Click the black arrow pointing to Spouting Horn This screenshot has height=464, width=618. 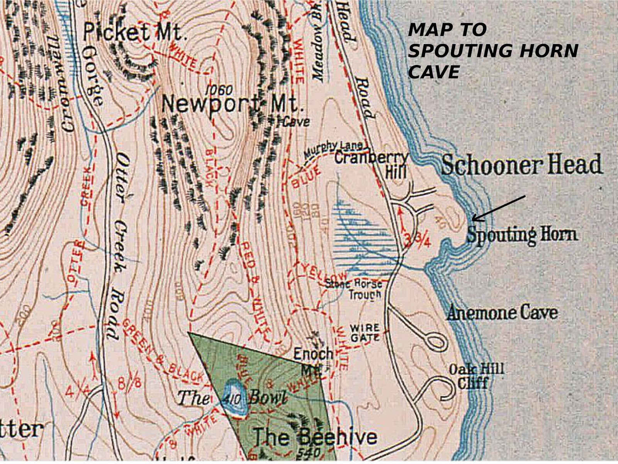point(498,209)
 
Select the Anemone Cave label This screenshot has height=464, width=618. point(502,313)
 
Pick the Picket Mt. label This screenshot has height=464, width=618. point(133,32)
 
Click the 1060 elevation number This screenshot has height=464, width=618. point(219,90)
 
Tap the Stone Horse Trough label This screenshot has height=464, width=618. point(354,289)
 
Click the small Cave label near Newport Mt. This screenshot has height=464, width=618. point(296,122)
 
